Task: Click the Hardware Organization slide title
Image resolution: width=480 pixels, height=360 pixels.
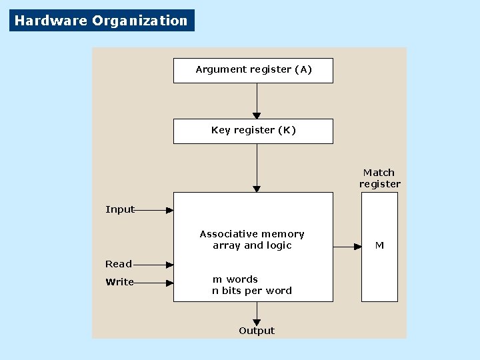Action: click(101, 21)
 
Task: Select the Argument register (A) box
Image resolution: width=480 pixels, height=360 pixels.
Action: click(253, 70)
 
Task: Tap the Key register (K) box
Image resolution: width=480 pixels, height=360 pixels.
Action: click(253, 131)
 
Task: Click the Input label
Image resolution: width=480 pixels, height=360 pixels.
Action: click(120, 209)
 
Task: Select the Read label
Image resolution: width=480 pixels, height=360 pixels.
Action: click(119, 264)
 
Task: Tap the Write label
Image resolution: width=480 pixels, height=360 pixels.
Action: click(120, 282)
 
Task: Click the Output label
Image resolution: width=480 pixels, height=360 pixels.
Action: click(257, 331)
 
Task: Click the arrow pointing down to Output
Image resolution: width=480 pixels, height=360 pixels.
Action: click(257, 313)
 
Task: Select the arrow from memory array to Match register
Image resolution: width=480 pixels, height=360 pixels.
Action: click(347, 247)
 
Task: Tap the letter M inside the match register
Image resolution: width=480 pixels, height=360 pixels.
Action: click(379, 245)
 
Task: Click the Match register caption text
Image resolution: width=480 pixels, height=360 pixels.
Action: click(379, 178)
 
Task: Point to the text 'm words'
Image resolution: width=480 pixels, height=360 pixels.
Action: click(235, 279)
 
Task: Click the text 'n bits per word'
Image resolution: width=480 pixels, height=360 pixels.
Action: click(252, 291)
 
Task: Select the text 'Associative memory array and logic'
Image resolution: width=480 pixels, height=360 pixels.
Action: click(252, 239)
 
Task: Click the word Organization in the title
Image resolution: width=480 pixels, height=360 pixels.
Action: click(140, 21)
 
